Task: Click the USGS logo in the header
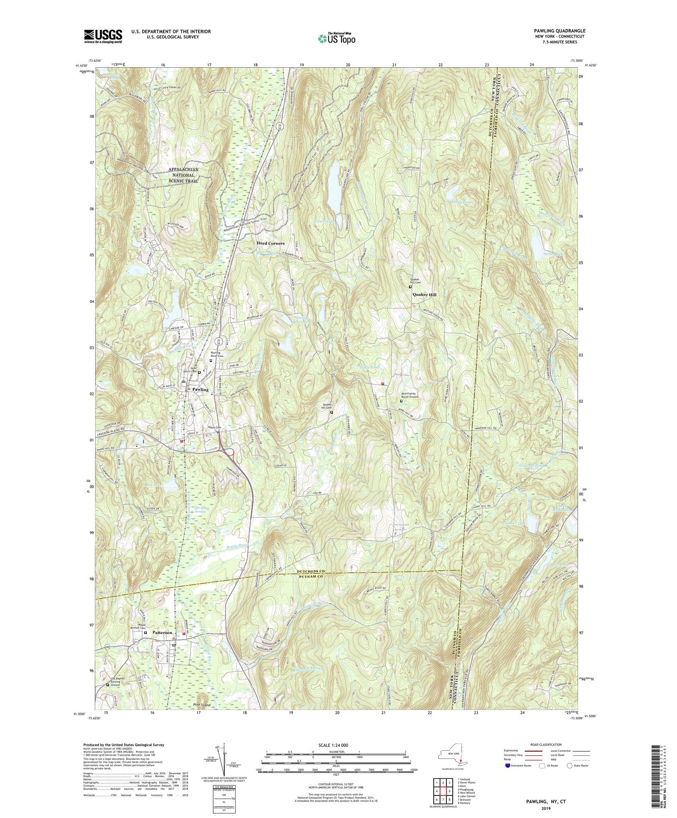pyautogui.click(x=103, y=36)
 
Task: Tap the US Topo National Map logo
pyautogui.click(x=336, y=38)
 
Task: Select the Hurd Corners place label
pyautogui.click(x=270, y=243)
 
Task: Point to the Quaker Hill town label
pyautogui.click(x=424, y=295)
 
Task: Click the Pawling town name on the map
pyautogui.click(x=200, y=389)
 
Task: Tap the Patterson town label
pyautogui.click(x=162, y=633)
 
